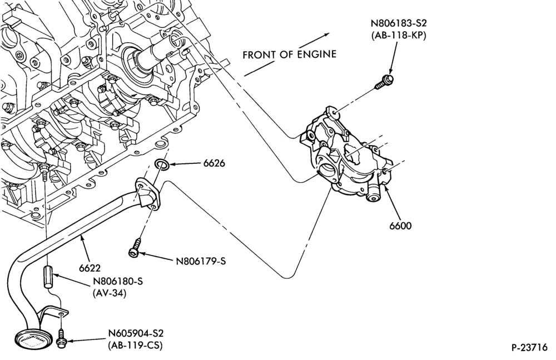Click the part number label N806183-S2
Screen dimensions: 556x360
399,23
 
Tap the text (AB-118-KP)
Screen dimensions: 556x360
399,36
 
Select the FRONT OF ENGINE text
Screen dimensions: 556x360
289,54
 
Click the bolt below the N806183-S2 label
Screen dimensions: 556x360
384,82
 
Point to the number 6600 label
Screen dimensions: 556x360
400,226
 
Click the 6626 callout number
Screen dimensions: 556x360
214,163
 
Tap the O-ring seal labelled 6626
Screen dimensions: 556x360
162,164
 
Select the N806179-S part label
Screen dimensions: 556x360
201,262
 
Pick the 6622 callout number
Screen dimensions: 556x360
90,268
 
